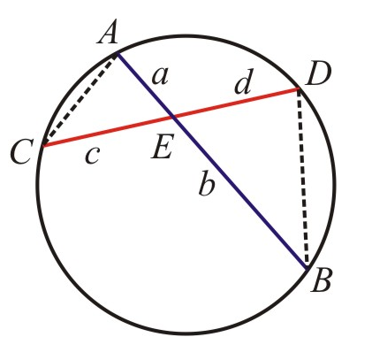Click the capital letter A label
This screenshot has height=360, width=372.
[108, 32]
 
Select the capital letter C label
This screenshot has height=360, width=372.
[20, 152]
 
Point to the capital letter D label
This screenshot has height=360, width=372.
[318, 74]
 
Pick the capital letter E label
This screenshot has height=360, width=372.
[162, 146]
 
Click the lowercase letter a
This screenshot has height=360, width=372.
[160, 77]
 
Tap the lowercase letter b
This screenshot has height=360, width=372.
[207, 183]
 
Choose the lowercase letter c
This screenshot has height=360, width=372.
[93, 156]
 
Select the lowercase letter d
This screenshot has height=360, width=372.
[244, 81]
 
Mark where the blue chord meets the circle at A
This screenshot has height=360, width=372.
[117, 54]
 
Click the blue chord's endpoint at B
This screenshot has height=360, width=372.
[307, 269]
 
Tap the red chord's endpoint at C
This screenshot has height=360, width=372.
[43, 145]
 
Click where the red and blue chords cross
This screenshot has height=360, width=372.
[174, 117]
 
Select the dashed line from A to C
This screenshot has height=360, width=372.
[80, 100]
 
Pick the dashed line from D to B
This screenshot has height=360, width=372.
[303, 179]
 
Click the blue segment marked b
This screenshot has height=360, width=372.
[240, 193]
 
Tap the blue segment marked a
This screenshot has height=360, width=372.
[145, 85]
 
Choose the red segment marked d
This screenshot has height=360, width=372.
[237, 103]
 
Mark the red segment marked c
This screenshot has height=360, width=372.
[109, 131]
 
